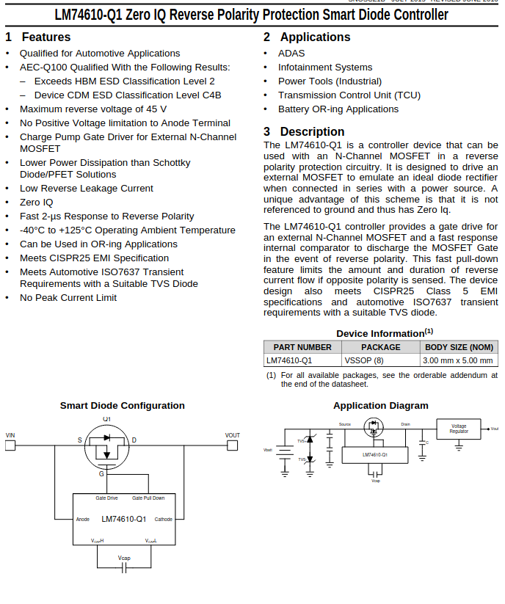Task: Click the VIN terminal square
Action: click(x=10, y=445)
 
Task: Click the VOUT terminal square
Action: click(x=233, y=445)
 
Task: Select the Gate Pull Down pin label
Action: click(x=148, y=498)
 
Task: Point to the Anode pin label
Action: click(x=83, y=520)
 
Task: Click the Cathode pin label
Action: click(x=163, y=520)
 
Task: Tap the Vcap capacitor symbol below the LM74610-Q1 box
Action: click(x=124, y=568)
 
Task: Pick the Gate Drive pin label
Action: click(x=106, y=498)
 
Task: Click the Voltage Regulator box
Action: click(x=459, y=429)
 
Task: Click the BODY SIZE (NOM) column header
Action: click(x=459, y=347)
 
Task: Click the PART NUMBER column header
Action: click(x=302, y=347)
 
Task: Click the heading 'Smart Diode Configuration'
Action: click(x=123, y=405)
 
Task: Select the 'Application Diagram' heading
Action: click(x=380, y=405)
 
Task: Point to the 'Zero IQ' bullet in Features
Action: click(x=37, y=203)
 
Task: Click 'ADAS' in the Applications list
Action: click(x=291, y=54)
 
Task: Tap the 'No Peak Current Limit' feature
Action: click(x=68, y=298)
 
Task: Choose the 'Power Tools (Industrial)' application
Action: click(x=330, y=81)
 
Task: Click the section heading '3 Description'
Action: click(x=304, y=132)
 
